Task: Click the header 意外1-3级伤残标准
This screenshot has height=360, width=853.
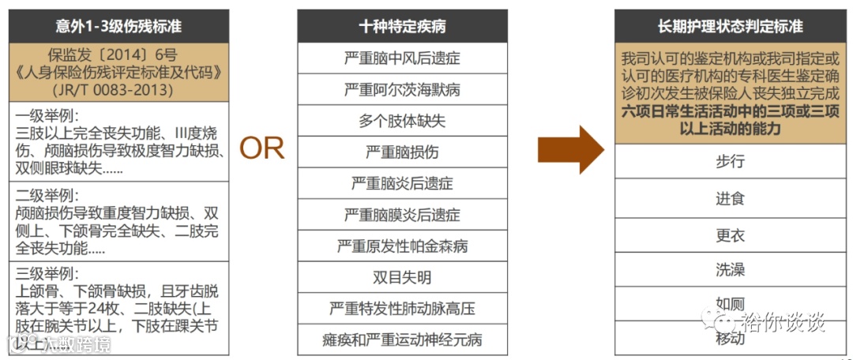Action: point(118,27)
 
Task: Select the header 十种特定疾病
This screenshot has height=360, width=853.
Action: point(402,27)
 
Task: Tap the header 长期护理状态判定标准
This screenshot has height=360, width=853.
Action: point(730,27)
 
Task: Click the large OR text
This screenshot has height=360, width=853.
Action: point(262,148)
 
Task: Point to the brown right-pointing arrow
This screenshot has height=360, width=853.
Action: point(570,148)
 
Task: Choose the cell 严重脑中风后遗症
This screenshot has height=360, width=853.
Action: point(402,58)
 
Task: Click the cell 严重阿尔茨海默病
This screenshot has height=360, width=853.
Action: point(402,89)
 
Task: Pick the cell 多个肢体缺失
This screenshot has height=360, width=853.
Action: point(402,121)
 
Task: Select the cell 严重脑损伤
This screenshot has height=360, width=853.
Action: point(402,152)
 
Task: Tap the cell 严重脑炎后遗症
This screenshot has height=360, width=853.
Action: point(402,183)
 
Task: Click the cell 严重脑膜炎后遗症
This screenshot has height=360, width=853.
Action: point(402,215)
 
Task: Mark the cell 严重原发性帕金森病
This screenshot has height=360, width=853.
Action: point(402,246)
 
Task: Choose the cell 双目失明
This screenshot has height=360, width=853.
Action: point(402,277)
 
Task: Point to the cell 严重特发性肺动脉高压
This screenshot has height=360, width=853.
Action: point(402,308)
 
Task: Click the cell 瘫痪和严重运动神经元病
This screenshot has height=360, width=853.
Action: point(402,339)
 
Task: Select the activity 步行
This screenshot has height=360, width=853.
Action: point(730,162)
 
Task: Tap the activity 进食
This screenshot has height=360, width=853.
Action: point(730,198)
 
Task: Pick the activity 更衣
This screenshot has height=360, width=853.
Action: point(730,235)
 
